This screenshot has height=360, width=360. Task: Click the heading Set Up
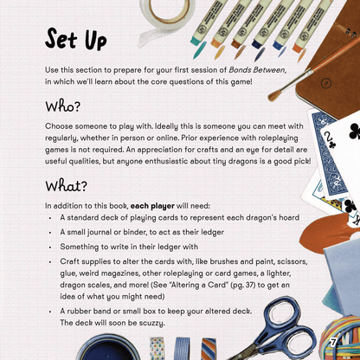76,39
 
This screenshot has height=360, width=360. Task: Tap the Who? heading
62,106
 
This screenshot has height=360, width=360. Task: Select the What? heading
66,186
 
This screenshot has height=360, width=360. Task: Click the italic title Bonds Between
256,70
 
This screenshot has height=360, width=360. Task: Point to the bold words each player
152,206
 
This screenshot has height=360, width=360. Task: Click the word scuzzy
151,323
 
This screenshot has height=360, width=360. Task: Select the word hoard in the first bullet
289,217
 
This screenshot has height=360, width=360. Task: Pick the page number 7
333,343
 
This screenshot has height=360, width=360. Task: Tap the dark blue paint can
107,348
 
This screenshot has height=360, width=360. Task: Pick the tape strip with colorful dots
157,349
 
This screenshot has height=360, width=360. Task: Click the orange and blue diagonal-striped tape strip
209,349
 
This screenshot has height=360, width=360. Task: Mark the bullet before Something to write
50,247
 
